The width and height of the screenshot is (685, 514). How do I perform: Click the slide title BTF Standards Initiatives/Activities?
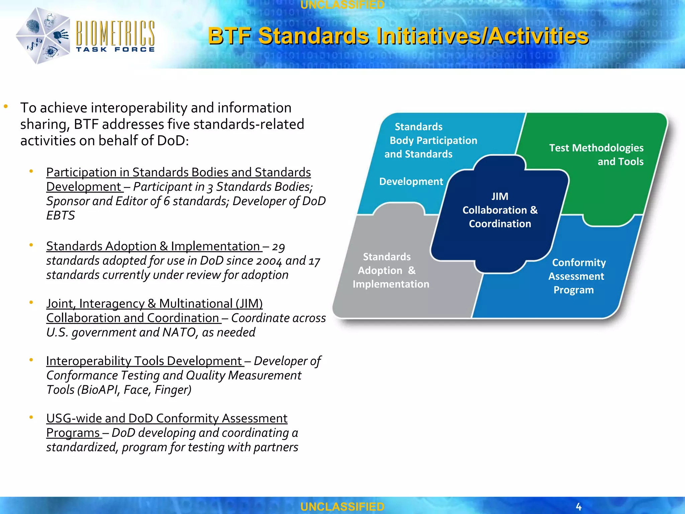point(398,36)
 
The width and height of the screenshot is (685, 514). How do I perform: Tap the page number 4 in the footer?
point(579,506)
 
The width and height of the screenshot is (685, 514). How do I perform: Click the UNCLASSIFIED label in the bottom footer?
point(342,507)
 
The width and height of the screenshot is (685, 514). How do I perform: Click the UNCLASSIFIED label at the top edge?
point(342,5)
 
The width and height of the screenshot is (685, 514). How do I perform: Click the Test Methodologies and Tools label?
point(596,155)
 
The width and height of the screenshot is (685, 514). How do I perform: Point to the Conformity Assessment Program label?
point(577,276)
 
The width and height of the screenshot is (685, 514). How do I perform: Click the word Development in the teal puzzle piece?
point(411,181)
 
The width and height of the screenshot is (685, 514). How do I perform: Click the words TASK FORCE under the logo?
point(115,50)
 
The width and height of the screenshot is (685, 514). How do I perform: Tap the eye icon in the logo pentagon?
point(51,51)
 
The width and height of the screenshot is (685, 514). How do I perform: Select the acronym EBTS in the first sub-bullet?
point(61,216)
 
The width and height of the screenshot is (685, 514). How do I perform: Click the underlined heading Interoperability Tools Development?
point(144,361)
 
